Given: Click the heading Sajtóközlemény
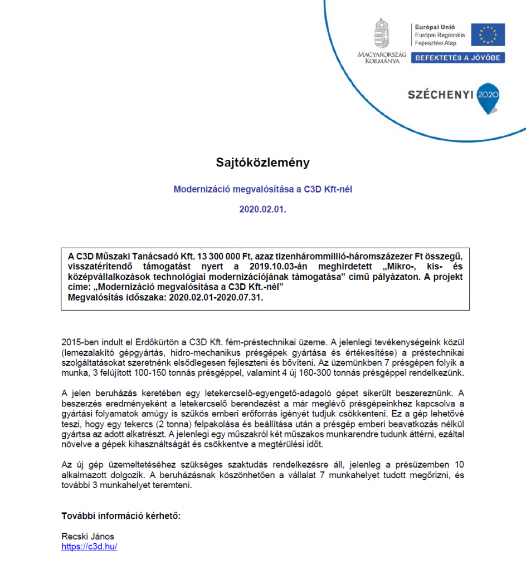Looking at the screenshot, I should tap(262, 163).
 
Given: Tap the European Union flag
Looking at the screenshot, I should tap(488, 35).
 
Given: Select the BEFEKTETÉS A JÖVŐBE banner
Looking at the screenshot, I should tap(458, 58).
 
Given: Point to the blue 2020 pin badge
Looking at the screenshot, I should tap(488, 97).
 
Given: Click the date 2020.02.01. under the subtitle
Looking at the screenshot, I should tap(262, 210).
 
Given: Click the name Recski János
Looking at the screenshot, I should tap(87, 536).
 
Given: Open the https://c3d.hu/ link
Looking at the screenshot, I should tap(89, 547).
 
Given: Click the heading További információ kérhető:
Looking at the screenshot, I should tap(121, 515).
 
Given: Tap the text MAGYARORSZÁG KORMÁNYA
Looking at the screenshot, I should tap(382, 58).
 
